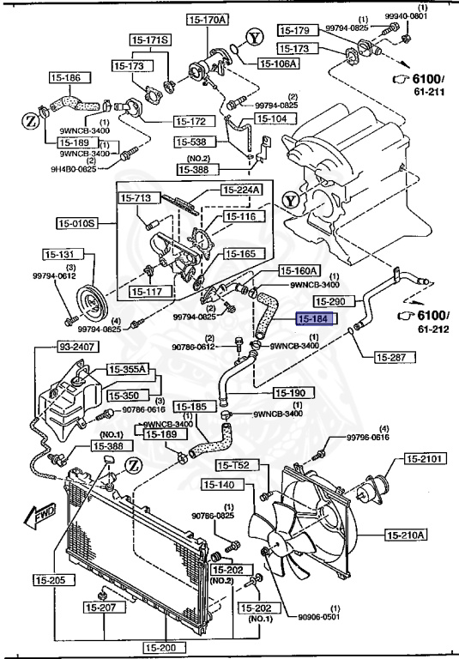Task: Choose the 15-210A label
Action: pyautogui.click(x=406, y=535)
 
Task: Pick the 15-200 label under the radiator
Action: pyautogui.click(x=160, y=648)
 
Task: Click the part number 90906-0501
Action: pyautogui.click(x=322, y=615)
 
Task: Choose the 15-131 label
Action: pyautogui.click(x=61, y=255)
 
